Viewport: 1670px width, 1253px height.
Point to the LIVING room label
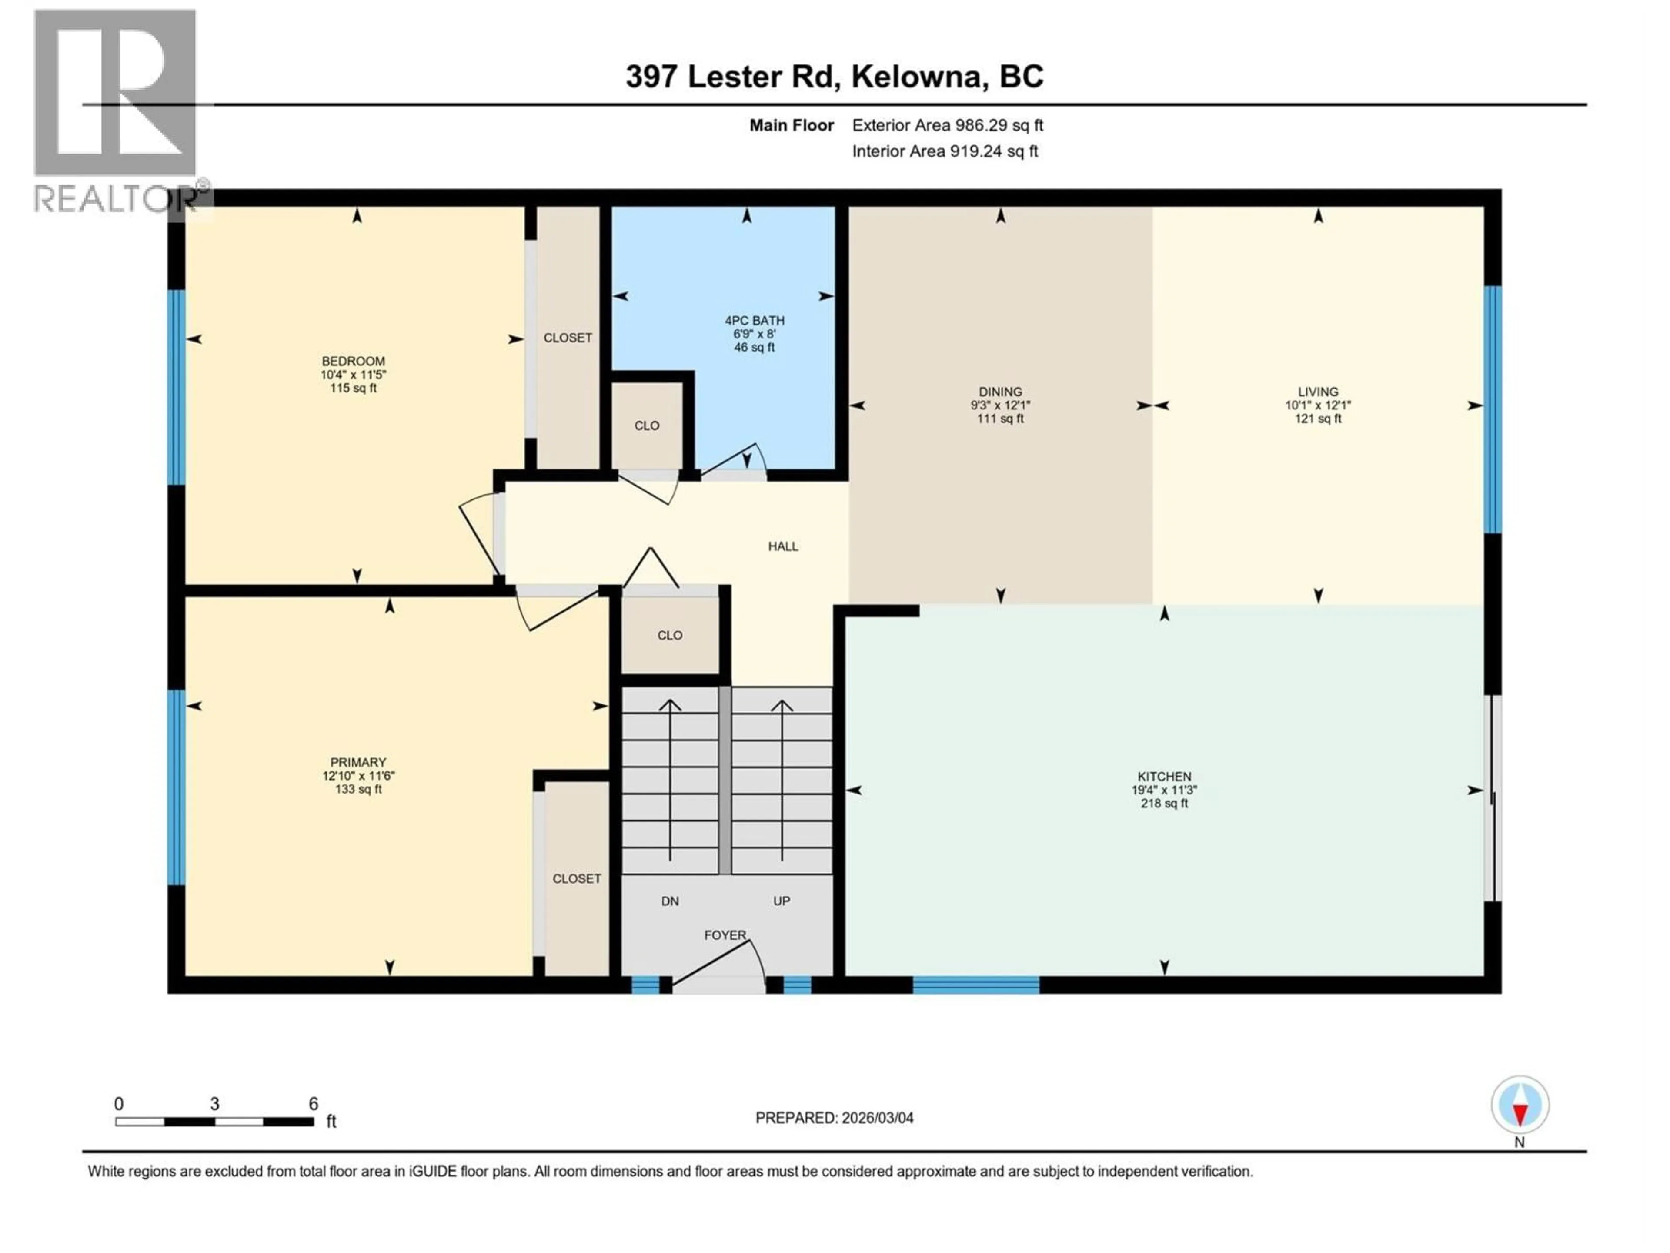pyautogui.click(x=1317, y=391)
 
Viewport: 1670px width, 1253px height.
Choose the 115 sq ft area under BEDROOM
pyautogui.click(x=353, y=388)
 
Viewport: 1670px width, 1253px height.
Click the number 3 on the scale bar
pyautogui.click(x=214, y=1103)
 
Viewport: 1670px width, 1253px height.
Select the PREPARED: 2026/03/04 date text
pyautogui.click(x=834, y=1118)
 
